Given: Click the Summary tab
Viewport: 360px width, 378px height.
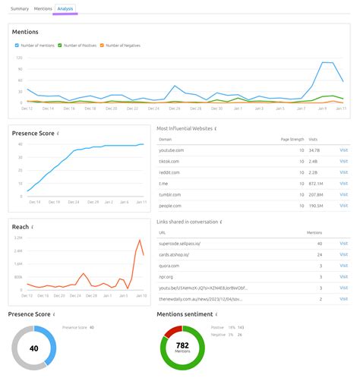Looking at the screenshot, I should coord(20,8).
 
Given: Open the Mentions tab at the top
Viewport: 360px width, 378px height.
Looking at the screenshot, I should coord(43,8).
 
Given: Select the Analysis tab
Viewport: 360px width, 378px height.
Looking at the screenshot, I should coord(65,8).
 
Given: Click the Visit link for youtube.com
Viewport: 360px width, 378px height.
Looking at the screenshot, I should coord(343,150).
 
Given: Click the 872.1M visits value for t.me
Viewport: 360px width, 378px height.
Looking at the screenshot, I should coord(315,184).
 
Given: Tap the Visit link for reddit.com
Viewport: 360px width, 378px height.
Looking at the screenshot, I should coord(343,172).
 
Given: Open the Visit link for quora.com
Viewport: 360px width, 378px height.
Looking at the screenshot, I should coord(343,266).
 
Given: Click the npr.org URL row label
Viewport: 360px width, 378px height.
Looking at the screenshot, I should coord(166,278).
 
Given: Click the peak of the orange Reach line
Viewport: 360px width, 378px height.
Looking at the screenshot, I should coord(140,241).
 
